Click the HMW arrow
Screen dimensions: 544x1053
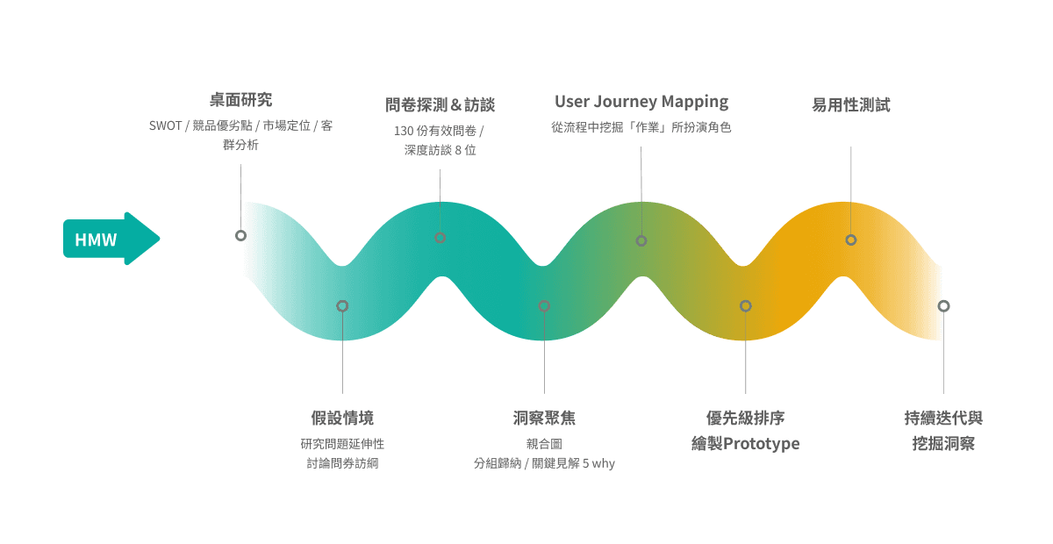[109, 239]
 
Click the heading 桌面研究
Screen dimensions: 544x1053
[241, 100]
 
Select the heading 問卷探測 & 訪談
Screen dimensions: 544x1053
[440, 105]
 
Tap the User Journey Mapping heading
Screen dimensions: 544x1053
[641, 102]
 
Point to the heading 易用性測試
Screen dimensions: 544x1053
[850, 105]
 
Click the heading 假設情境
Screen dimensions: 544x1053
[342, 418]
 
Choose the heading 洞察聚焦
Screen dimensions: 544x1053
[544, 418]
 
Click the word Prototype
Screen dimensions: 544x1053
[763, 444]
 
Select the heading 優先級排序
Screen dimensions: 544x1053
[745, 418]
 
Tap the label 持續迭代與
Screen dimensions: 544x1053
[943, 418]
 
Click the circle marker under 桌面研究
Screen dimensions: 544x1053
[240, 235]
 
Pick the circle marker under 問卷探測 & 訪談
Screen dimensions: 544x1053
[440, 238]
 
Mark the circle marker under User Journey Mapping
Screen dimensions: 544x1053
[641, 240]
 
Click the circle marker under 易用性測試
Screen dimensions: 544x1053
[850, 240]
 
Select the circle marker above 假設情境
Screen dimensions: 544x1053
[342, 306]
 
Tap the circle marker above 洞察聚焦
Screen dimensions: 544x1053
[544, 306]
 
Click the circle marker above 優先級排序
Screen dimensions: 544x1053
[745, 306]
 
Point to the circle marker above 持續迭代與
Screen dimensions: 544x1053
[943, 306]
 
